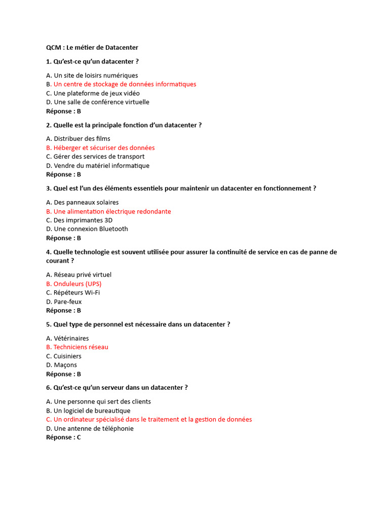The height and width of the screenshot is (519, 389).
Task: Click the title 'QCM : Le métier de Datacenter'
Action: point(92,48)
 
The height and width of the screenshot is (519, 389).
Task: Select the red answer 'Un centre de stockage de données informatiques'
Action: point(125,84)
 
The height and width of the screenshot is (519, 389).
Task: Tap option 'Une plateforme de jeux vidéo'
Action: point(96,93)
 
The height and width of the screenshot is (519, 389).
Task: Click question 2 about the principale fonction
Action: point(124,125)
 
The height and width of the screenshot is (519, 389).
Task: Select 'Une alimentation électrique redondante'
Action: point(112,211)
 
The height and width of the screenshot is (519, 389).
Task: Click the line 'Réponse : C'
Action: point(63,437)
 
